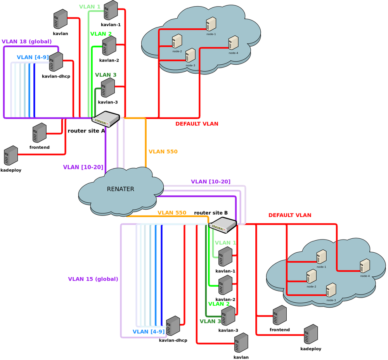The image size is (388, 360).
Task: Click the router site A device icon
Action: coord(105,119)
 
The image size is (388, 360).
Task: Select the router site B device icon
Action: coord(222,225)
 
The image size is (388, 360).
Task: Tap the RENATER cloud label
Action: coord(121,189)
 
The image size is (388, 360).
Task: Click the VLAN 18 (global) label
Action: coord(27,41)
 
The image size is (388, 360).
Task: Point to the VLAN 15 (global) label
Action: coord(93,279)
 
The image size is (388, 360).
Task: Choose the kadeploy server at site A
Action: coord(11,155)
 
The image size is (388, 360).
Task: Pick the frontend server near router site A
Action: coord(39,133)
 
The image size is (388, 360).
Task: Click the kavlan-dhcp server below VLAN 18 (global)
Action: coord(56,62)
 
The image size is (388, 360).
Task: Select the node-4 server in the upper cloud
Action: coord(233,43)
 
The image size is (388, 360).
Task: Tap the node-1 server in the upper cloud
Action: coord(211,24)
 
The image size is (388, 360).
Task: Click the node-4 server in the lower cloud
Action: coord(365,266)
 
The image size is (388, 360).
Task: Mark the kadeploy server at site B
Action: coord(311,334)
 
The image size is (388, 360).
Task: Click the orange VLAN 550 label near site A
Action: coord(163,152)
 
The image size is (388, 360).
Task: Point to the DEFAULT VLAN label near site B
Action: coord(290,215)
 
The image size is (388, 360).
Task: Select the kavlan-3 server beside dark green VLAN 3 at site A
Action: coord(108,88)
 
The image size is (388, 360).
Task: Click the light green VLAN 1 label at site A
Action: coord(90,7)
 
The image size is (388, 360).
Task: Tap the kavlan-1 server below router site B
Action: coord(225,257)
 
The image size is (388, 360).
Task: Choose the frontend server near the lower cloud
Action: coord(279,315)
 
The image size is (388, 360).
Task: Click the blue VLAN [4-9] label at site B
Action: coord(149,332)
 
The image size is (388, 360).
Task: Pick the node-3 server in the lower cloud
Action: coord(331,290)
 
